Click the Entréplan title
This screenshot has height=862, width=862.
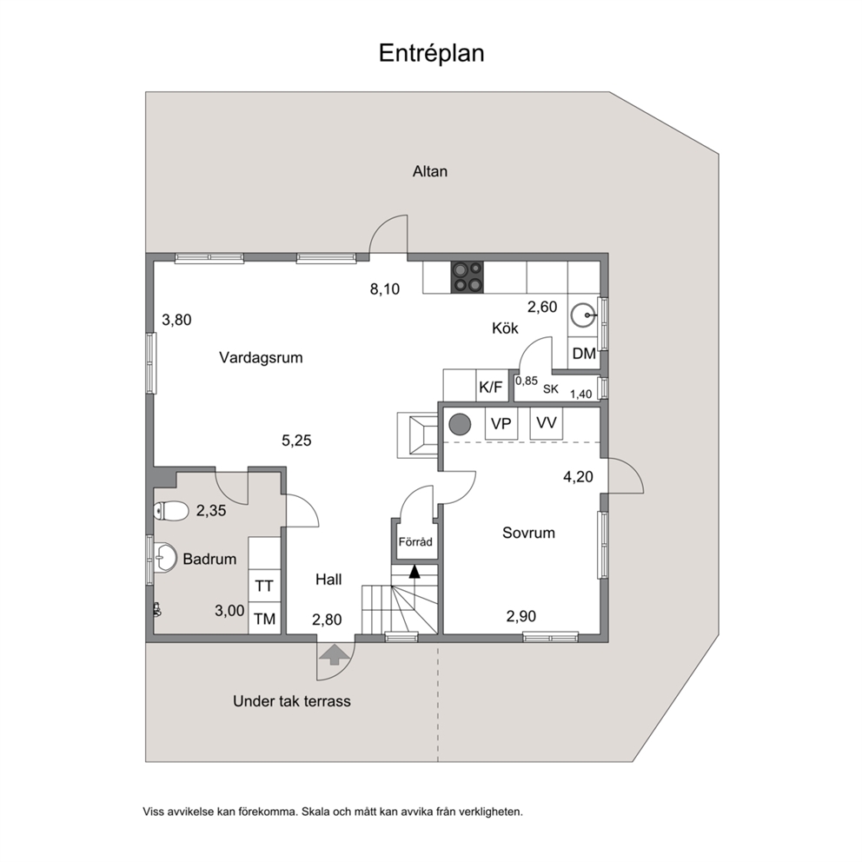[431, 53]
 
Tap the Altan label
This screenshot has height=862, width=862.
[430, 171]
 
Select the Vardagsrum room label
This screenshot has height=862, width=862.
[261, 358]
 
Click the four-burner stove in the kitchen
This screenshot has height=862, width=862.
[467, 277]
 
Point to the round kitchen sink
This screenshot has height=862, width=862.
[582, 315]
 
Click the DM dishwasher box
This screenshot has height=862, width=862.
[583, 353]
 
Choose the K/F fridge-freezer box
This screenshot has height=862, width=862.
[491, 387]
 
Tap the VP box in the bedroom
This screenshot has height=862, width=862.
[501, 423]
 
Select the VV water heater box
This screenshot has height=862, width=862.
[547, 423]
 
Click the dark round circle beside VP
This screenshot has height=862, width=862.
[461, 424]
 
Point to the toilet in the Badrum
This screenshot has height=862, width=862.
[170, 511]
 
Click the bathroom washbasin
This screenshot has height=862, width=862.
[164, 558]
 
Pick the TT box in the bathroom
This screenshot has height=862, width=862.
[264, 586]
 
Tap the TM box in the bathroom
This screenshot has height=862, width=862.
[264, 619]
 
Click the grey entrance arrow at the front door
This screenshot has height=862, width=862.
[335, 654]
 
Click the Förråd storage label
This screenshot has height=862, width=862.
[415, 542]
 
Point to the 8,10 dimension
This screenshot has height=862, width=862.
[385, 289]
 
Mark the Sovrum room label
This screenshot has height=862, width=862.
[528, 533]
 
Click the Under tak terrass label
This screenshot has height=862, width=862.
[291, 701]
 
